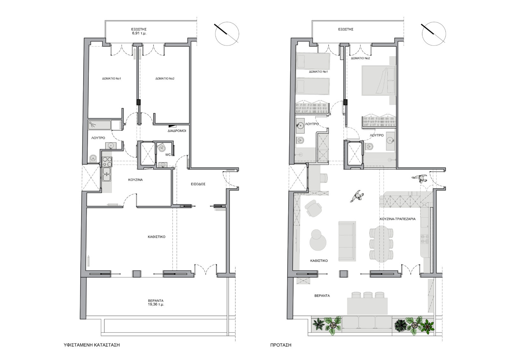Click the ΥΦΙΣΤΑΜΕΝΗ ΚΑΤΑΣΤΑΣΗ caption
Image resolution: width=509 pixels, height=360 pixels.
[x=92, y=345]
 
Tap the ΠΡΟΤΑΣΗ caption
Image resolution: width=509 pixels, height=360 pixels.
[x=281, y=345]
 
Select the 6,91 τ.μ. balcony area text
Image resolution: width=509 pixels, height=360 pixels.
[x=139, y=33]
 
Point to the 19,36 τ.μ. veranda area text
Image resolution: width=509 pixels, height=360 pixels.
[x=156, y=304]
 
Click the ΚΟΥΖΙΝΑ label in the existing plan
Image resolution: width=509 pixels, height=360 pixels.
[x=136, y=180]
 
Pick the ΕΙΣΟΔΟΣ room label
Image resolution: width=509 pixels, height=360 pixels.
[x=198, y=184]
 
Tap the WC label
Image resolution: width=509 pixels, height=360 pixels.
[x=168, y=155]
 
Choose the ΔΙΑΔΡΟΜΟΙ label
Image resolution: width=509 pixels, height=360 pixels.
[x=177, y=131]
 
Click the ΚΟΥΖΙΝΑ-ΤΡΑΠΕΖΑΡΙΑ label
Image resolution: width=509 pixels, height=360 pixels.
[x=397, y=219]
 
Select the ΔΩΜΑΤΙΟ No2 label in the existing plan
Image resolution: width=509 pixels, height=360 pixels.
[x=165, y=79]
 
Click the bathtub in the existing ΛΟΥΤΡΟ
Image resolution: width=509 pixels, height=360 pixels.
[x=100, y=125]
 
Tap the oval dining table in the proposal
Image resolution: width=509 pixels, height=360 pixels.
[x=381, y=244]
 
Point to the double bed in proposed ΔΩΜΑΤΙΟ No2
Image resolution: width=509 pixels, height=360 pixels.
[x=379, y=80]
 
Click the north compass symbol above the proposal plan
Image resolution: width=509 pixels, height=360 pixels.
[x=434, y=34]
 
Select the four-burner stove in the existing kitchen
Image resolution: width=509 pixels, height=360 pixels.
[x=107, y=162]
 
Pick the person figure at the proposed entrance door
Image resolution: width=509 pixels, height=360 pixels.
[x=420, y=179]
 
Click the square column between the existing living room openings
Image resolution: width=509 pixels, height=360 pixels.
[x=136, y=273]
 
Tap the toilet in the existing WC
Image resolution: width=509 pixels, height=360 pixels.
[x=162, y=147]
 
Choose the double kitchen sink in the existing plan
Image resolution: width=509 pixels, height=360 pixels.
[x=106, y=174]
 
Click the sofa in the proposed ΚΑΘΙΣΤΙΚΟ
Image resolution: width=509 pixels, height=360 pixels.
[x=347, y=241]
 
